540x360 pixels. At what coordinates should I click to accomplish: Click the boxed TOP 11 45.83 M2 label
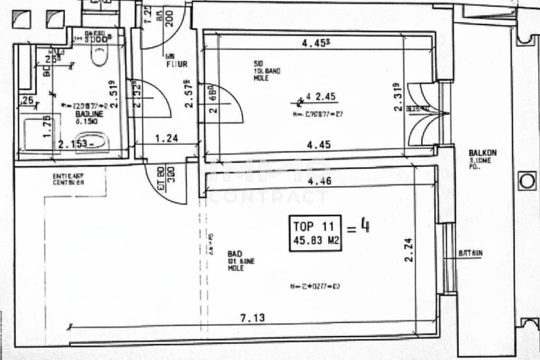pos(315,233)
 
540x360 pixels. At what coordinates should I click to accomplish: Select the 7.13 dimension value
pos(252,318)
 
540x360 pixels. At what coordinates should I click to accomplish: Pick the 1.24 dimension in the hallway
pos(166,138)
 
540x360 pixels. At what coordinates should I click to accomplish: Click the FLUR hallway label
pos(176,64)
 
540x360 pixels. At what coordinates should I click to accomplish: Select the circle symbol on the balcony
pos(526,181)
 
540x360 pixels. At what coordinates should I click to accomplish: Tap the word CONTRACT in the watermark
pos(269,197)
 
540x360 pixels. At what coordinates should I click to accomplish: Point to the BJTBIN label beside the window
pos(470,253)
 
